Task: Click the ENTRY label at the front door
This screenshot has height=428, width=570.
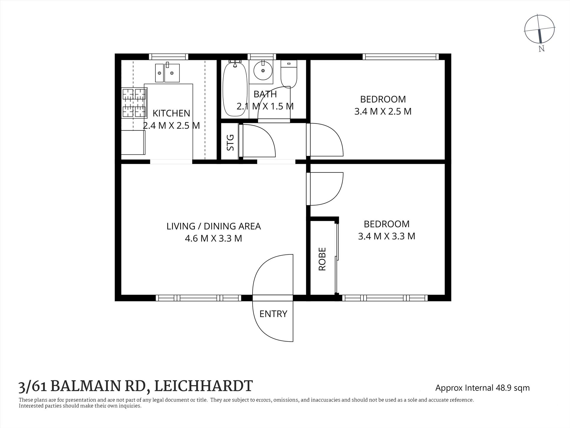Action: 273,314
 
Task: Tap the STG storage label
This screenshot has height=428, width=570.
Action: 230,142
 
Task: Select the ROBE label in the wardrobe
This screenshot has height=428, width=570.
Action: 322,259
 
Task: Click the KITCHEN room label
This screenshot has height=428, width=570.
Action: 171,113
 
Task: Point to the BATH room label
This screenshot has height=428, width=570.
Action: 265,94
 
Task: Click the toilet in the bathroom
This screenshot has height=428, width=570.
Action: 289,74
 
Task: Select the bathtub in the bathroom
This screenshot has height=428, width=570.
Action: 235,88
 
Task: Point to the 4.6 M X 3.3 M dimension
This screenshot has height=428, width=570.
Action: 214,238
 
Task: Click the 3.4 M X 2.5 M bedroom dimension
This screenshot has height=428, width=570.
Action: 383,111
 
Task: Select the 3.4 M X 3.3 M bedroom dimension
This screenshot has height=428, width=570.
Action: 386,236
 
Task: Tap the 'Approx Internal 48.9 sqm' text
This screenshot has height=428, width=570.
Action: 482,388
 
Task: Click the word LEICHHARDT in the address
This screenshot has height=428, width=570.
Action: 203,386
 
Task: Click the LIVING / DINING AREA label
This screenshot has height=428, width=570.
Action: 214,226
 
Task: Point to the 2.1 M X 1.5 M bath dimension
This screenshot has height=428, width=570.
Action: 265,106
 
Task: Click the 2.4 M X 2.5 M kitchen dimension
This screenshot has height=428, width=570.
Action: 171,126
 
